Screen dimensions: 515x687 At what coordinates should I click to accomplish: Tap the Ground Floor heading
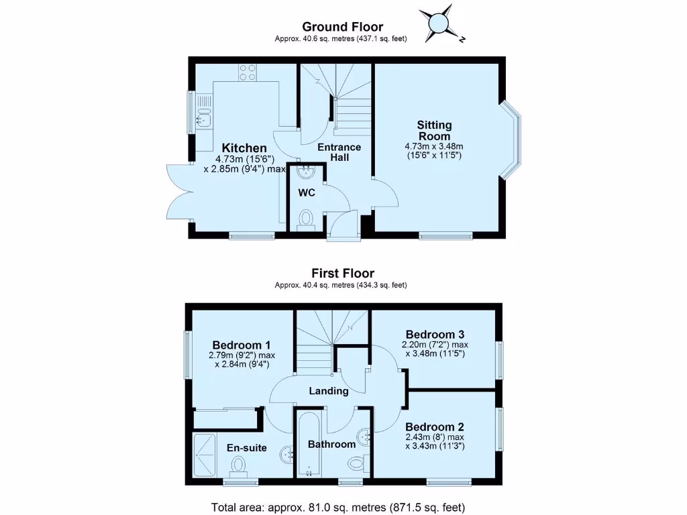click(342, 27)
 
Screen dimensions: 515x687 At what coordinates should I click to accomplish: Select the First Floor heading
click(342, 273)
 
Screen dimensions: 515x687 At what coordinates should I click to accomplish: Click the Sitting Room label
click(434, 131)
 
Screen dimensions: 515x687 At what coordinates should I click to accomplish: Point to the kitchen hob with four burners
click(247, 72)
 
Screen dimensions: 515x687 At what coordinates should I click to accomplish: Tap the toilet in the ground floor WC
click(306, 219)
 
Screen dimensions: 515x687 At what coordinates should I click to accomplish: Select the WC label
click(307, 193)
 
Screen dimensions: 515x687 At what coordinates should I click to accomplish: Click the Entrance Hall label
click(339, 152)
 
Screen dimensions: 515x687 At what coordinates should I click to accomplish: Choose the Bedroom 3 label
click(435, 335)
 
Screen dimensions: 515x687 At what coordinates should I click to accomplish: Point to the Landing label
click(329, 391)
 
